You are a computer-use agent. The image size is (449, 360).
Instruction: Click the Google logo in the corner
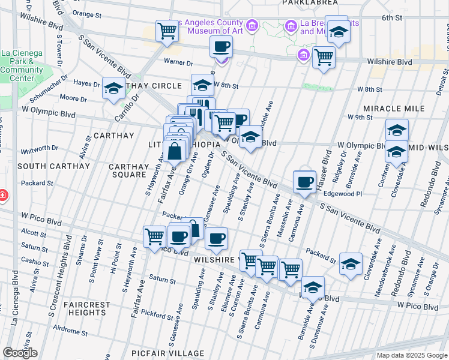[x=20, y=353]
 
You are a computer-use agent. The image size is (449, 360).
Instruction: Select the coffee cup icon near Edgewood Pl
[x=304, y=181]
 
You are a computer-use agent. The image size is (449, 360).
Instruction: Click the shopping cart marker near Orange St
[x=167, y=31]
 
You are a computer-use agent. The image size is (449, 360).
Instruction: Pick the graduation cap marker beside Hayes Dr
[x=113, y=89]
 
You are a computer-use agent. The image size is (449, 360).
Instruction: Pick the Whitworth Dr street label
[x=39, y=148]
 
